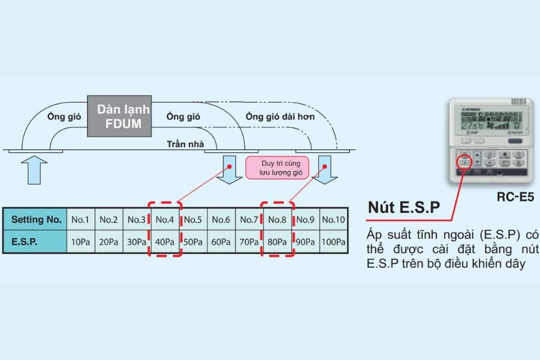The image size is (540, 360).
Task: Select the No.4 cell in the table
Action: (x=164, y=220)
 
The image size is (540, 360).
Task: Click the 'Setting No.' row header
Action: (x=36, y=220)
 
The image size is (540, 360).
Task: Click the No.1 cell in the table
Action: (x=80, y=220)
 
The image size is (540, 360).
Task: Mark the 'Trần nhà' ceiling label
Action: (x=185, y=143)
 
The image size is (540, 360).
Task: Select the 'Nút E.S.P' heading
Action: (x=404, y=208)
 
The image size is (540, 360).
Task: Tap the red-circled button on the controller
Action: (x=463, y=162)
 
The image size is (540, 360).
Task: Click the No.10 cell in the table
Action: (x=334, y=220)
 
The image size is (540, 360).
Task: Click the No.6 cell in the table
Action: (x=221, y=220)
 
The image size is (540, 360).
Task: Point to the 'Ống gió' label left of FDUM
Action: (x=64, y=116)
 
